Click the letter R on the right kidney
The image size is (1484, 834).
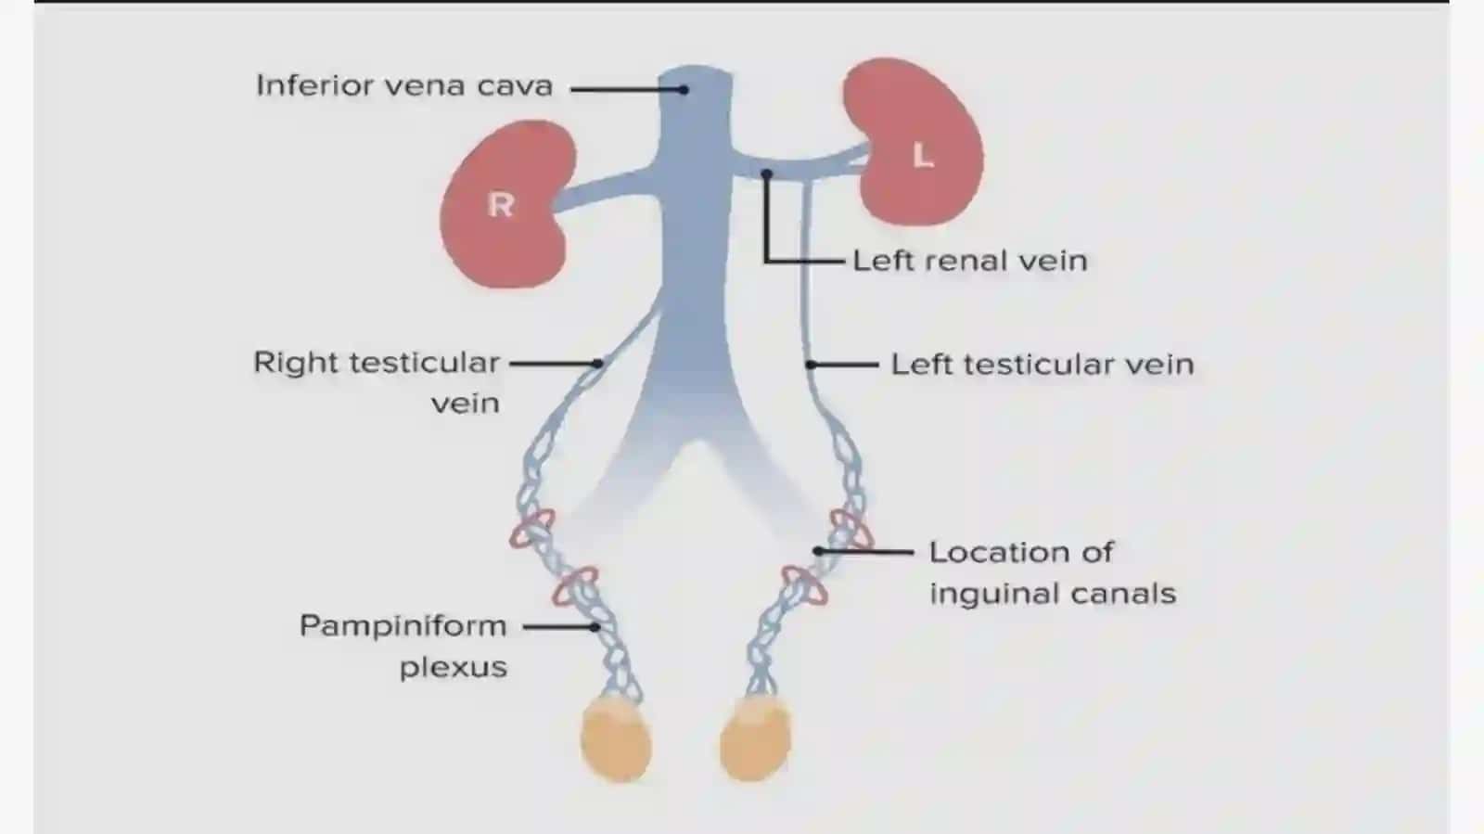click(500, 205)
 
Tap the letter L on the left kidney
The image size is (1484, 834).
click(923, 156)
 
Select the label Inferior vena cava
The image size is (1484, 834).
click(404, 86)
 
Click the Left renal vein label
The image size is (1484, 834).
click(970, 261)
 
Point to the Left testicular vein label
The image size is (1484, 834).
click(1043, 365)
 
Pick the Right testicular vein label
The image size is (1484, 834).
click(377, 383)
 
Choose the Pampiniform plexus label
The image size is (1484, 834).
click(403, 647)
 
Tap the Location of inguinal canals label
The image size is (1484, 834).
click(1053, 573)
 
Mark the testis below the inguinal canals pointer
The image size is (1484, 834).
click(755, 738)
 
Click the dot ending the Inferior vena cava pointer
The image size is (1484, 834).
click(684, 89)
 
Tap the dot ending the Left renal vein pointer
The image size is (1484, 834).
click(766, 173)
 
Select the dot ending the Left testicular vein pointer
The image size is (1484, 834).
click(811, 365)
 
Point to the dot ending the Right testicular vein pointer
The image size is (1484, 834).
click(597, 363)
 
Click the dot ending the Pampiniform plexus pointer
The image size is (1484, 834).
click(595, 626)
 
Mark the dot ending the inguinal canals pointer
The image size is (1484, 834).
click(818, 551)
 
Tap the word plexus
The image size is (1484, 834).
click(454, 667)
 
